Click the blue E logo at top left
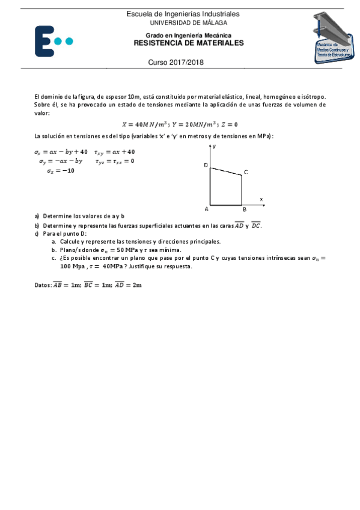click(x=53, y=40)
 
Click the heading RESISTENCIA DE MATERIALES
click(x=188, y=43)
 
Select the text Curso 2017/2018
click(x=175, y=63)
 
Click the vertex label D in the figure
click(x=206, y=165)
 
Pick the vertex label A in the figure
click(x=206, y=209)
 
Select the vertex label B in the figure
click(x=244, y=209)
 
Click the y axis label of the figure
click(x=215, y=146)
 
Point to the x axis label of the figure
click(x=261, y=198)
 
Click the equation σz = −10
click(x=61, y=171)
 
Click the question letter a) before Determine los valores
click(x=37, y=215)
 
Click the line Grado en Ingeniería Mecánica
click(x=188, y=35)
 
